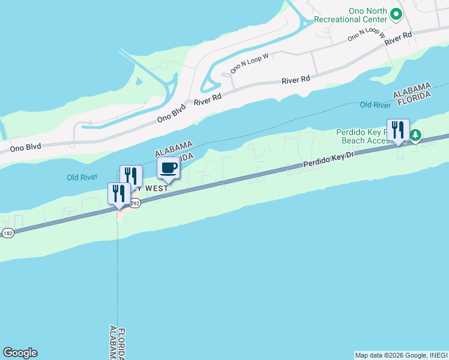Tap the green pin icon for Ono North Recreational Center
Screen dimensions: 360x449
(396, 13)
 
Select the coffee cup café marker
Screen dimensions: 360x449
(168, 169)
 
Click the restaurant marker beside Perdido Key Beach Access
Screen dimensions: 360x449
(398, 130)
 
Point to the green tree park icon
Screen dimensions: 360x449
(415, 137)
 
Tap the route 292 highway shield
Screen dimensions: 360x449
(135, 204)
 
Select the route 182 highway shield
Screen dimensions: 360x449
(7, 233)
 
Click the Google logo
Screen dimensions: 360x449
(20, 353)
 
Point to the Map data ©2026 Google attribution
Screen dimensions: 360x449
(400, 355)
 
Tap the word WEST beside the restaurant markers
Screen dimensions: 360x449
(155, 188)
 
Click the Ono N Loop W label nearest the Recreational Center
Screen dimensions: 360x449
(366, 35)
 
